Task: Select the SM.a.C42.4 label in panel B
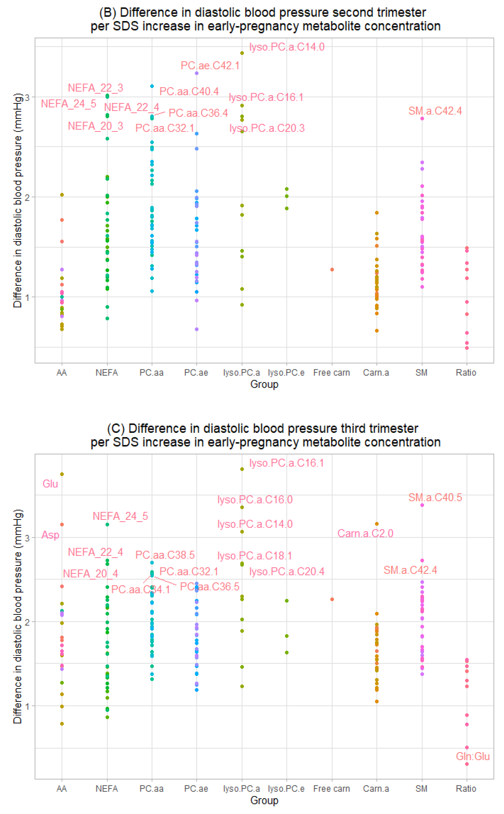[435, 111]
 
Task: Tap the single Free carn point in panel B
[332, 269]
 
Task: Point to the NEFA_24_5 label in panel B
[68, 104]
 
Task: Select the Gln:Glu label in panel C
[473, 756]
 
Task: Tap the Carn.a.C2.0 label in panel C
[365, 533]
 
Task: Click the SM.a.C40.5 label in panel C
[435, 497]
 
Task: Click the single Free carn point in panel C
[332, 599]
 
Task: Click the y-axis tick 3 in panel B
[28, 97]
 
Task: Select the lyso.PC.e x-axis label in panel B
[286, 373]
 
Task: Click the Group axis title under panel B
[264, 384]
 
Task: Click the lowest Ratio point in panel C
[467, 764]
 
